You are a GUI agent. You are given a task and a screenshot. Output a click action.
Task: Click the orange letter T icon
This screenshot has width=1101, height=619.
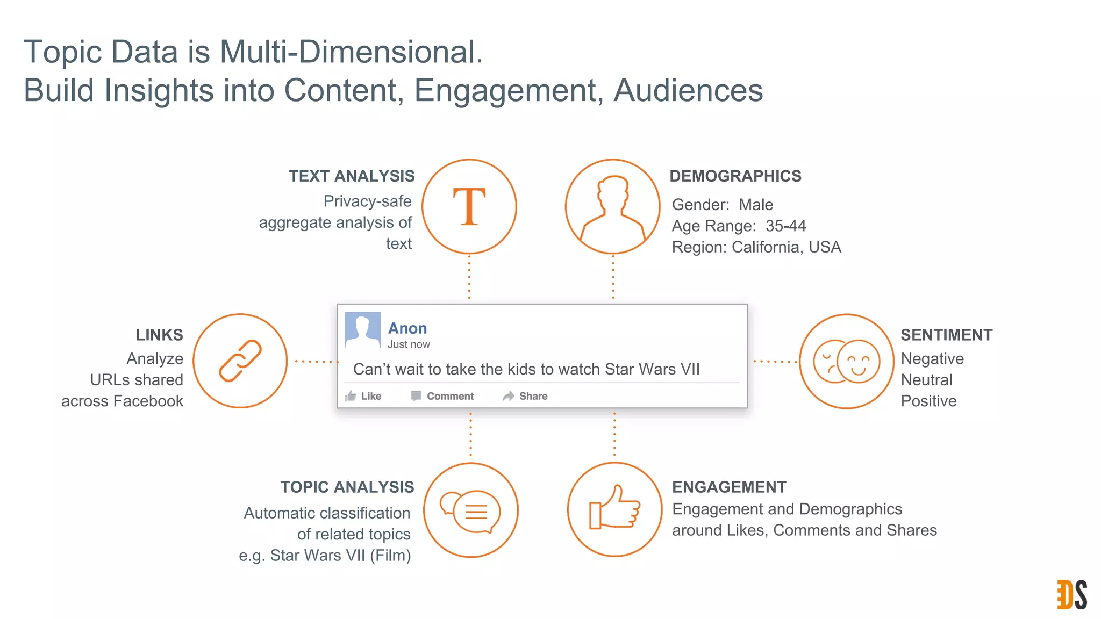point(469,206)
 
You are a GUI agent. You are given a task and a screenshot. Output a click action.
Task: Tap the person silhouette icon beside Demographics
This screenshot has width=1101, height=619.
point(613,207)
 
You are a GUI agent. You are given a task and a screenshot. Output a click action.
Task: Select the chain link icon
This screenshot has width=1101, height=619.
point(240,361)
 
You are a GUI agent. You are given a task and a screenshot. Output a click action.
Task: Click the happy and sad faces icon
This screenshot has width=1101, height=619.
point(847,361)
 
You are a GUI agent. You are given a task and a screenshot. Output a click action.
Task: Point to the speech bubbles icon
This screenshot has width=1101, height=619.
point(471,510)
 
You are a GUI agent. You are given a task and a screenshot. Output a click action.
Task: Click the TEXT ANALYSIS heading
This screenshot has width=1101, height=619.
point(352,176)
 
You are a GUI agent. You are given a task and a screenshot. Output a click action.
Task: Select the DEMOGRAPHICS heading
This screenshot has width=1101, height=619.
point(735,176)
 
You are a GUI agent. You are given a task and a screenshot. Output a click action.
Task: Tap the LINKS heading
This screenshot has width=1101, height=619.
point(159,335)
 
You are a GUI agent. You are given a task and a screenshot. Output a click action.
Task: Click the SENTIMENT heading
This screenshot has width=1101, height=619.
point(946,335)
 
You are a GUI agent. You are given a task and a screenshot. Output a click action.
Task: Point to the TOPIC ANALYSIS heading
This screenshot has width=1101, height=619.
point(347,487)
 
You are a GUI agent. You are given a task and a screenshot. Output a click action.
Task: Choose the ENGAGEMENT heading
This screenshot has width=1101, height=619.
point(729,487)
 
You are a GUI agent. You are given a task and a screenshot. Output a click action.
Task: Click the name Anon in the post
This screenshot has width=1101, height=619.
point(407,328)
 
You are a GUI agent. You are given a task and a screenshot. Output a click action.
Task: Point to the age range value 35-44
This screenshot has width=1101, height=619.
point(785,226)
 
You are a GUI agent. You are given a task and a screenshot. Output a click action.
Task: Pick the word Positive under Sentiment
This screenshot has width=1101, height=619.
point(928,401)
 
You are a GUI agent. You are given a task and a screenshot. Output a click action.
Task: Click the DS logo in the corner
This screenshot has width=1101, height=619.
point(1072,594)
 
